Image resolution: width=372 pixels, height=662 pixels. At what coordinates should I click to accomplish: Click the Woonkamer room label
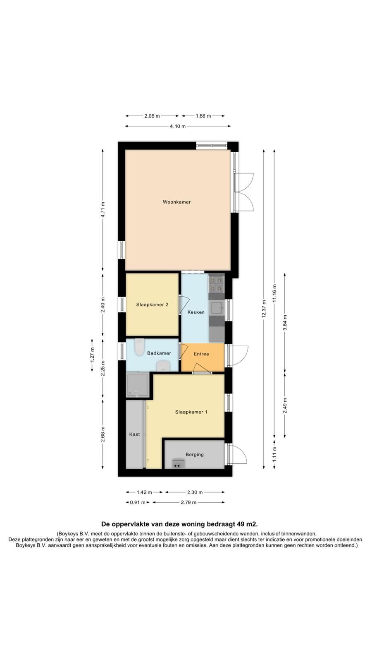tap(176, 202)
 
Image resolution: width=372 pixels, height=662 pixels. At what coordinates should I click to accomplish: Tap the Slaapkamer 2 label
tap(152, 305)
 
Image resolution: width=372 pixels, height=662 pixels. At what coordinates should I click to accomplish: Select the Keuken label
tap(196, 312)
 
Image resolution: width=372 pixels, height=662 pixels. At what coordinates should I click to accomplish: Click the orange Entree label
tap(201, 354)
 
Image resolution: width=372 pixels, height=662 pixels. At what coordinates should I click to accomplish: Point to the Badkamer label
tap(159, 353)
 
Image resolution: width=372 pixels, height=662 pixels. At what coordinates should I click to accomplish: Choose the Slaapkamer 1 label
tap(191, 412)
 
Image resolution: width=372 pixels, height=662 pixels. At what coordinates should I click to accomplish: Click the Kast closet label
tap(134, 434)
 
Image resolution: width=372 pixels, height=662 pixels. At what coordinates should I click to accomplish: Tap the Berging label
tap(195, 455)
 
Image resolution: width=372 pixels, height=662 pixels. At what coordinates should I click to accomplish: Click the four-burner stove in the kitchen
tap(217, 284)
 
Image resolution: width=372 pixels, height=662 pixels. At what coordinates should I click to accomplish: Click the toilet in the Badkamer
tap(139, 347)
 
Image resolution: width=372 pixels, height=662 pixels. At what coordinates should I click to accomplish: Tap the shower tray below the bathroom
tap(137, 385)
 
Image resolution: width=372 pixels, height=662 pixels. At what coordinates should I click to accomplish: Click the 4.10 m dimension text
tap(178, 126)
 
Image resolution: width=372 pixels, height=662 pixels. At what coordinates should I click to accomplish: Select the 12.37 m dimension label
tap(264, 309)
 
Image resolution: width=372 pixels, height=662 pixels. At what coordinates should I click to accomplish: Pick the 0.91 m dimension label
tap(138, 502)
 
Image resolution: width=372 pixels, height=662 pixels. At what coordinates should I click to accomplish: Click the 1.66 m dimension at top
tap(203, 116)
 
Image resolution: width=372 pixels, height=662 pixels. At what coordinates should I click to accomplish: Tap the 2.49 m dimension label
tap(285, 405)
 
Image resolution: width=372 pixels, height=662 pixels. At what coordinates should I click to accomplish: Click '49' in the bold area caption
tap(240, 524)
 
